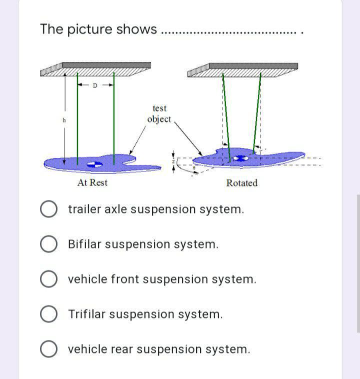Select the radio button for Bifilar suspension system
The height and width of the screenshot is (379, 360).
[48, 244]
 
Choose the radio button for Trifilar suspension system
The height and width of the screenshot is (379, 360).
[48, 314]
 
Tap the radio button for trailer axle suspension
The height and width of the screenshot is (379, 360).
[48, 209]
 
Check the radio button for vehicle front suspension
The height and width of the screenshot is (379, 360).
[48, 279]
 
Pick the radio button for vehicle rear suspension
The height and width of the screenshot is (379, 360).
[48, 349]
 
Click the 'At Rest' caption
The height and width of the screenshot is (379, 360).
[92, 183]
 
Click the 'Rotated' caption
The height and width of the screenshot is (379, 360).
[241, 183]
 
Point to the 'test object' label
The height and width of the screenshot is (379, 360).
[159, 114]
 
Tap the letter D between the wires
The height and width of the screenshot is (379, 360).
[95, 85]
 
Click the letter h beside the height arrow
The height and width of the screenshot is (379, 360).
[63, 120]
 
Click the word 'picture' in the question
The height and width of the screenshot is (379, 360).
[89, 29]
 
